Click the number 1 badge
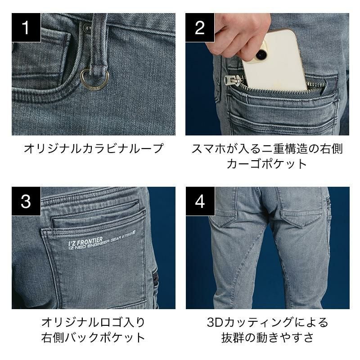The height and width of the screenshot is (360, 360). pos(26,27)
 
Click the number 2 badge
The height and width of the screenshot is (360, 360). pos(200,27)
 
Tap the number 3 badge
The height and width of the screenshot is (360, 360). pos(26,201)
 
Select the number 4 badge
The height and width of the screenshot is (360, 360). pos(200,201)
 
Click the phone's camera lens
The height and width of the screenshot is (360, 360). pos(261,54)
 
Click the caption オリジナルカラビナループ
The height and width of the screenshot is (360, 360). pos(94,148)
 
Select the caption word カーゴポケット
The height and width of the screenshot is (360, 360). pos(267,164)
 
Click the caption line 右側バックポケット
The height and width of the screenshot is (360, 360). pos(93,337)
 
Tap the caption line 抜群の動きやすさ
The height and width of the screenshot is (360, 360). pos(267,337)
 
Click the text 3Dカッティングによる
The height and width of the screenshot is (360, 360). pos(267,322)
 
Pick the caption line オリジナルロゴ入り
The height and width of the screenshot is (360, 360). pos(93,322)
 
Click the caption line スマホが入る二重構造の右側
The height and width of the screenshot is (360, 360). pos(267,148)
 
